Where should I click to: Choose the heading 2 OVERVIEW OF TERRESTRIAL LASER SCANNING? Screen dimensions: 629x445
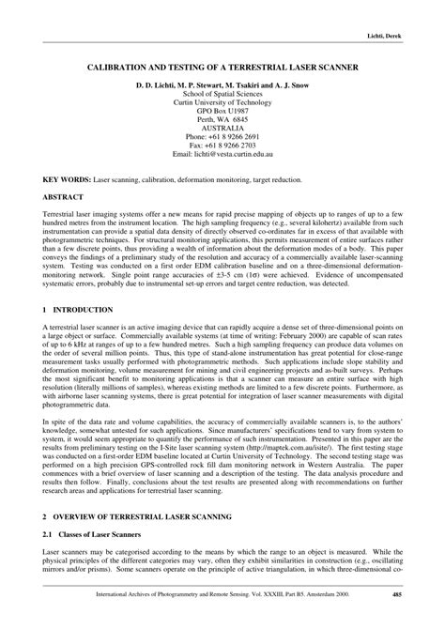[156, 543]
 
